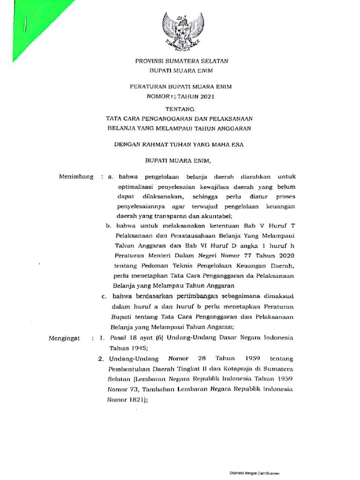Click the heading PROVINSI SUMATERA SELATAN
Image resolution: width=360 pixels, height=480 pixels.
(x=181, y=61)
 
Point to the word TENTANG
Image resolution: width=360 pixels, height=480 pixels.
(x=181, y=110)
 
